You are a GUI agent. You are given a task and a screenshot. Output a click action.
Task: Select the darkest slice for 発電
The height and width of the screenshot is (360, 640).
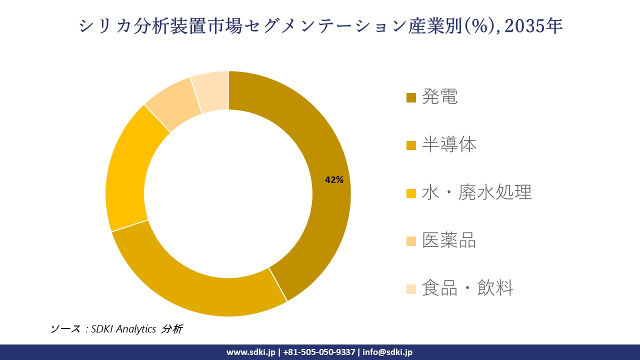click(x=320, y=150)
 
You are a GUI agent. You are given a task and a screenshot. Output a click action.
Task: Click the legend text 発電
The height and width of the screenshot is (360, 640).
click(x=439, y=97)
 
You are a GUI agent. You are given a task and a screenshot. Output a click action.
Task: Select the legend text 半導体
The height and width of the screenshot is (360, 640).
click(x=449, y=145)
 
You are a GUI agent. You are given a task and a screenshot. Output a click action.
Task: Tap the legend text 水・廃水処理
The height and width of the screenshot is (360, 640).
click(x=476, y=192)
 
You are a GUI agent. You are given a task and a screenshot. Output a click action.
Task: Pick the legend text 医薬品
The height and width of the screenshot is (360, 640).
click(x=449, y=240)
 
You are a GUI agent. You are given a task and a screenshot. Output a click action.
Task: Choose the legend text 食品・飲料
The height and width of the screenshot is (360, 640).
click(x=467, y=288)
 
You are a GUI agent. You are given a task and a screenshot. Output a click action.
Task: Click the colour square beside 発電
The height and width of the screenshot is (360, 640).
click(x=411, y=97)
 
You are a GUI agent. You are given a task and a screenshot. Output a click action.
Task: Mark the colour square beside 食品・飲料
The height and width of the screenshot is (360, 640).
click(x=411, y=289)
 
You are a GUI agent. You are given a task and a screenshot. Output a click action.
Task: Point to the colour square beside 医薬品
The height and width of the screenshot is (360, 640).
click(x=411, y=241)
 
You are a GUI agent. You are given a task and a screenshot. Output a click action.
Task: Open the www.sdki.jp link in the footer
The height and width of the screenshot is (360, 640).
click(x=251, y=352)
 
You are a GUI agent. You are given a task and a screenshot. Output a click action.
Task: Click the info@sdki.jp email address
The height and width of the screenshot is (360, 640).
click(x=387, y=352)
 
